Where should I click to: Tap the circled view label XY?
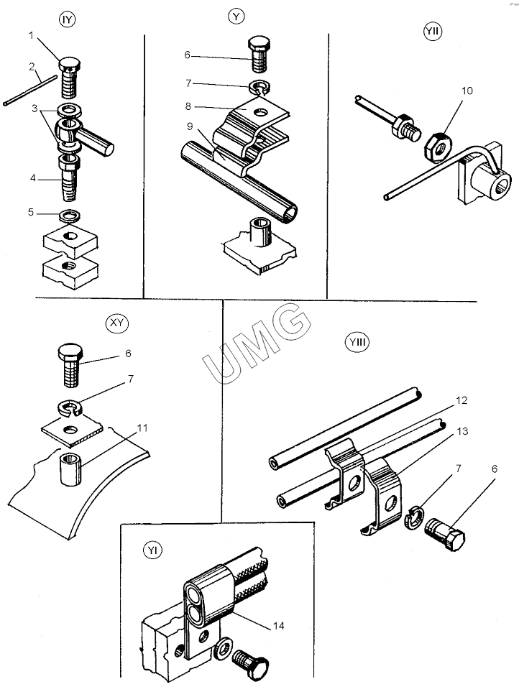pyautogui.click(x=114, y=323)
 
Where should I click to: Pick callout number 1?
pyautogui.click(x=32, y=35)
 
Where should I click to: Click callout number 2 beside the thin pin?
pyautogui.click(x=32, y=67)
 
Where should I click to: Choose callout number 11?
pyautogui.click(x=142, y=428)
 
